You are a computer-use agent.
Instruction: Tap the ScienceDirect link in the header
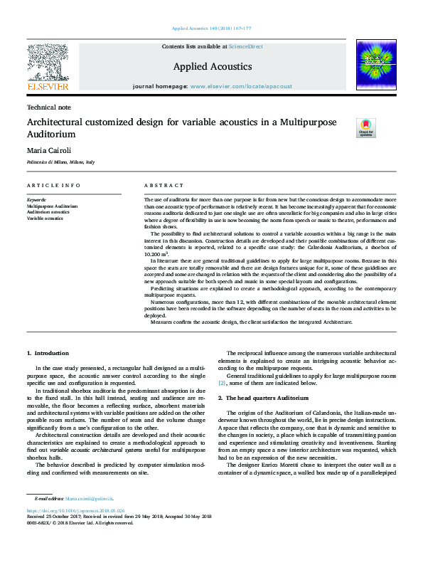(x=246, y=46)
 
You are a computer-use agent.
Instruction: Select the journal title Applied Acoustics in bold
(x=212, y=66)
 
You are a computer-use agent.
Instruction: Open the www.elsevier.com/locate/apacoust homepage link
(x=241, y=86)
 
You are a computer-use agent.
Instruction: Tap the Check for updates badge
(x=365, y=128)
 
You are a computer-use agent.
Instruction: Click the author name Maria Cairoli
(x=48, y=150)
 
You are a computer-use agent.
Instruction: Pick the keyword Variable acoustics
(x=45, y=217)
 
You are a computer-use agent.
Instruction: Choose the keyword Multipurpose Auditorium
(x=53, y=206)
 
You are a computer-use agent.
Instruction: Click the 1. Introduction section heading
(x=48, y=353)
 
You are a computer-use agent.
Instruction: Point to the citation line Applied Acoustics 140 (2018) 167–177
(x=212, y=30)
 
